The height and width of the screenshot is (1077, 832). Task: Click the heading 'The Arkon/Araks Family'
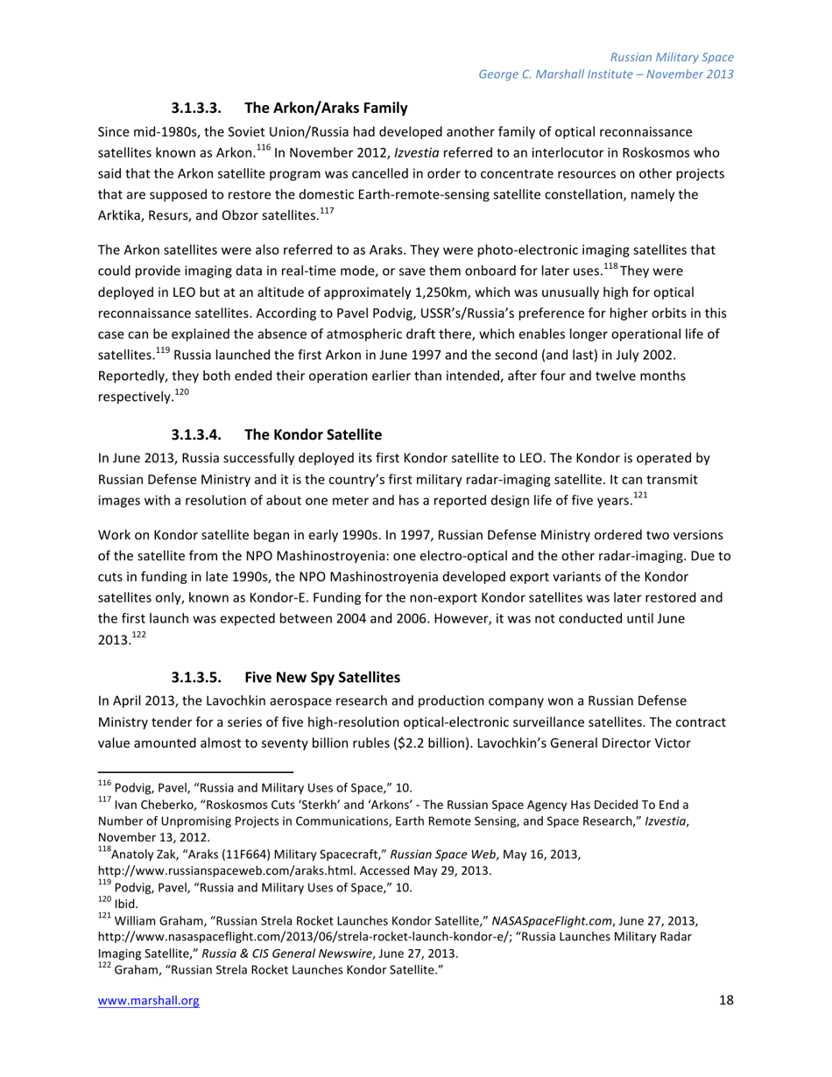(x=326, y=109)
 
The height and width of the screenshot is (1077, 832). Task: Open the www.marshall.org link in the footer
(x=148, y=1003)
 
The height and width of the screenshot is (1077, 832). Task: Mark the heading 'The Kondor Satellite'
(x=314, y=409)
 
